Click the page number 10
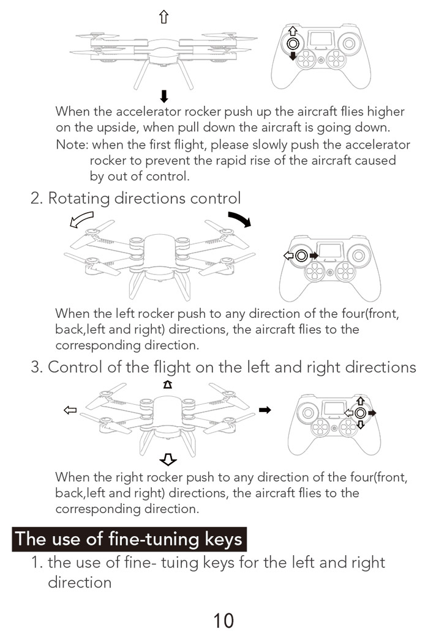[223, 620]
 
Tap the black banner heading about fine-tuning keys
[129, 539]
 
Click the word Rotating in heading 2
[79, 198]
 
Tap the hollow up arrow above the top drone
[163, 18]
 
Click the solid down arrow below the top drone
[163, 95]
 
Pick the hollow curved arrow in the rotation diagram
[81, 220]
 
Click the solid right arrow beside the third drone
[265, 410]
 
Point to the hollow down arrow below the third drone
[167, 459]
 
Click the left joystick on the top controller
[293, 43]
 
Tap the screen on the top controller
[320, 39]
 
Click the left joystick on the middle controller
[301, 256]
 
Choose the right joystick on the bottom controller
[361, 413]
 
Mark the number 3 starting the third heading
[36, 367]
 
